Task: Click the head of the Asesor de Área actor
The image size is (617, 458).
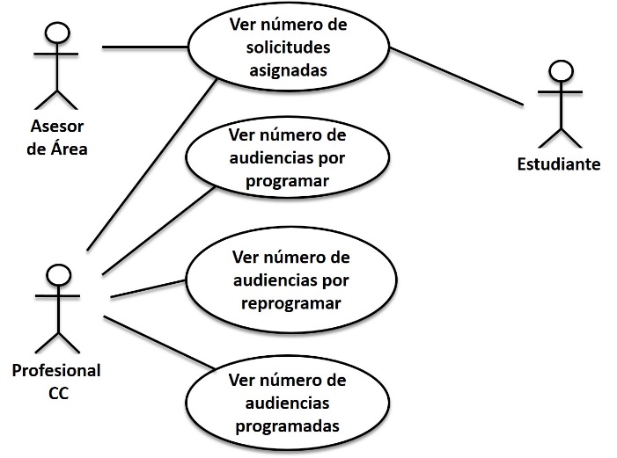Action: tap(57, 33)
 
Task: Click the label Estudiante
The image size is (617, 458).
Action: tap(559, 164)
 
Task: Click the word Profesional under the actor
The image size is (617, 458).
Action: tap(56, 370)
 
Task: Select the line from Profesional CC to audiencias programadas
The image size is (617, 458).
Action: tap(158, 340)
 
